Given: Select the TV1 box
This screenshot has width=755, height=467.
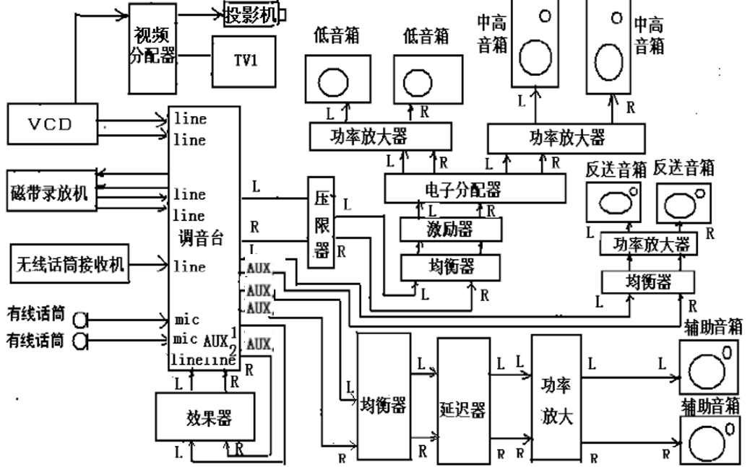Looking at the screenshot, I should pos(246,60).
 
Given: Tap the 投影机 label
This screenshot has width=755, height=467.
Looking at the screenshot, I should pos(251,14).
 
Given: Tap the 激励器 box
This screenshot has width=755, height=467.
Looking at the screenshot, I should pos(450,229).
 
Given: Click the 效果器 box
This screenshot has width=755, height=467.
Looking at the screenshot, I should pos(207,416).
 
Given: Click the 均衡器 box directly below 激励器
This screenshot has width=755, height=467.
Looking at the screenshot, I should pos(450,267).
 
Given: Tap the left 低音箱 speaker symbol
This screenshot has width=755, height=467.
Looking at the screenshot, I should pos(336,80).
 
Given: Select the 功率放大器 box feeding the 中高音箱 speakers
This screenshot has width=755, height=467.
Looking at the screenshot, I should pos(566,137).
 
